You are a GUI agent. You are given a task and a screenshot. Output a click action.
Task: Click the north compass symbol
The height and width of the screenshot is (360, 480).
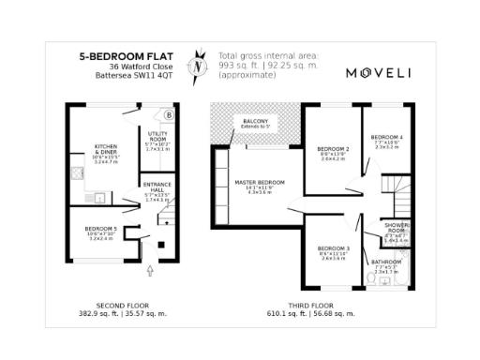coord(197,65)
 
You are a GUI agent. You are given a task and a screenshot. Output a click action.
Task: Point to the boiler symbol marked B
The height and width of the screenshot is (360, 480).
coord(169,115)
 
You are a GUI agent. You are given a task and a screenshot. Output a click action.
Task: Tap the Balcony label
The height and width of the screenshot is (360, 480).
coord(253,122)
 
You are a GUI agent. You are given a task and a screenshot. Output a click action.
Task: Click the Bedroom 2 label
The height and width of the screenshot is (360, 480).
coord(333,149)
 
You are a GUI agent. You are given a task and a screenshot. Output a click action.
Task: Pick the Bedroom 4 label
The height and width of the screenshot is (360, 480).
coord(387,137)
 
